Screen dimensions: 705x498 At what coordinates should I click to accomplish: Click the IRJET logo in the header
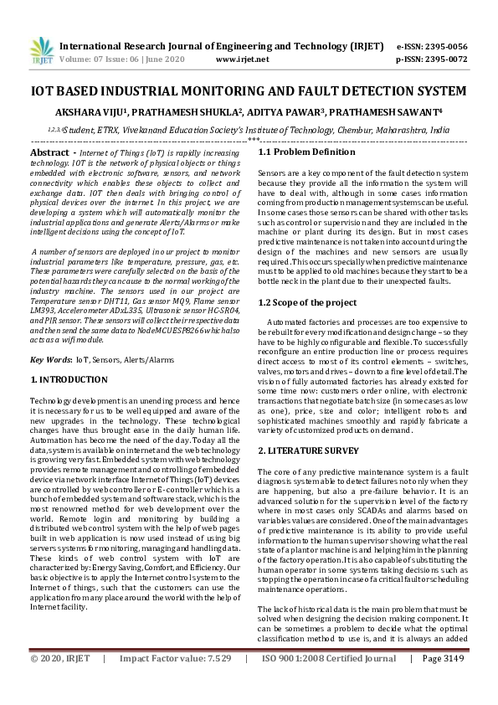click(x=39, y=52)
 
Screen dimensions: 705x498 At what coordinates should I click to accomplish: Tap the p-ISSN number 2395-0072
click(x=448, y=59)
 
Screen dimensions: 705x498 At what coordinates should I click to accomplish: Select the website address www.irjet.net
click(x=242, y=59)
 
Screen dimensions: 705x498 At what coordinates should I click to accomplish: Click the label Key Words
click(x=50, y=359)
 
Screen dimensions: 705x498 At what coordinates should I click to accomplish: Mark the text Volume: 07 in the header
click(x=80, y=59)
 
